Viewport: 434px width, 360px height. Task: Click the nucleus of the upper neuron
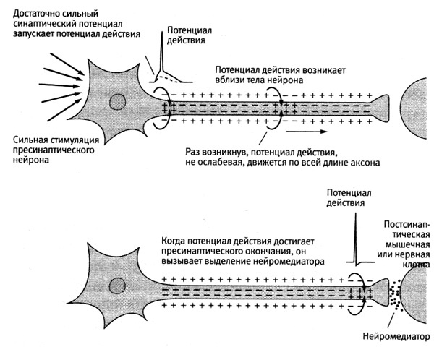coord(116,102)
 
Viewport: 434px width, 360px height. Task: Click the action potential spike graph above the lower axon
coord(354,242)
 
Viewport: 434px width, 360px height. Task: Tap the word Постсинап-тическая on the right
coord(407,230)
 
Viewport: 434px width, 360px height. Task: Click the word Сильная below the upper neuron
coord(30,139)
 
